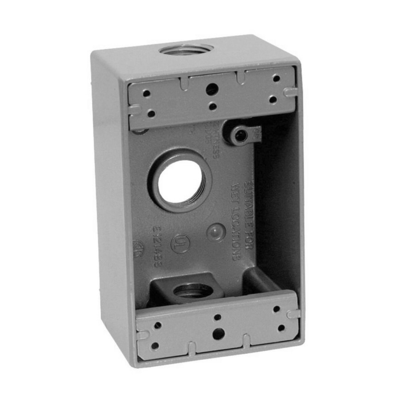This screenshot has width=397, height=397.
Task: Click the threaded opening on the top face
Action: [186, 50]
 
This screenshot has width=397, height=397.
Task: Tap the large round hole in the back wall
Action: [180, 181]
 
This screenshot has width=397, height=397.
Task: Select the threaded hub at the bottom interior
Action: [192, 291]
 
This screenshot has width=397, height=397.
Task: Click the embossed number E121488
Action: [157, 247]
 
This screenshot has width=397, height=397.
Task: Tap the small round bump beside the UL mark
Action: [216, 232]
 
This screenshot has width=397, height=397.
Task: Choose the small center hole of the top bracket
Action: [212, 106]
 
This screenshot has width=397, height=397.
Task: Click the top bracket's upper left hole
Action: [146, 93]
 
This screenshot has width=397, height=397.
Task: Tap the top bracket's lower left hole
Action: [151, 114]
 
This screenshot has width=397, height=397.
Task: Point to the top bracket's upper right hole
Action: [276, 78]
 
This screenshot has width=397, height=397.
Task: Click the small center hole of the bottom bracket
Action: [217, 317]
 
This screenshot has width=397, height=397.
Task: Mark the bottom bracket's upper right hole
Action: [276, 309]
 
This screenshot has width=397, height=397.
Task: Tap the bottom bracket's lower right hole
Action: [281, 328]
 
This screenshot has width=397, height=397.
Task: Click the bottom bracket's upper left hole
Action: [158, 325]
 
